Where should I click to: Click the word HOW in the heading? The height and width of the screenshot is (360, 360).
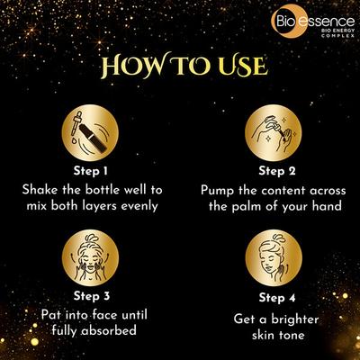click(133, 67)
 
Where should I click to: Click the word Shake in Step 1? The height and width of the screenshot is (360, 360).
click(44, 189)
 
